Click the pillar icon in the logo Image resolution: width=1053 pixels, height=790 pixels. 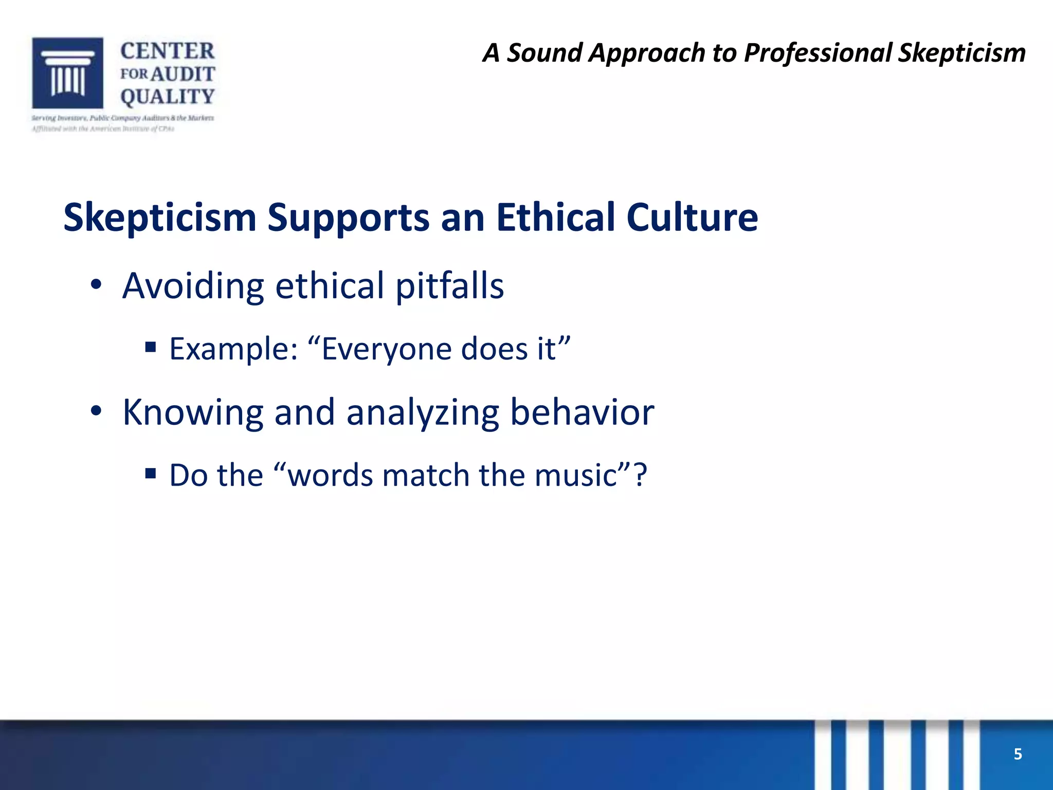(x=67, y=73)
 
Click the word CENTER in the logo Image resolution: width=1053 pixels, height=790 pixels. (x=167, y=51)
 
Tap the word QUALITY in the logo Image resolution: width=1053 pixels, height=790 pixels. (x=167, y=97)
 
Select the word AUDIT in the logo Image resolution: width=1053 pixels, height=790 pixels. (x=183, y=74)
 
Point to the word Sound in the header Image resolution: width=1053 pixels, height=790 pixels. (x=544, y=53)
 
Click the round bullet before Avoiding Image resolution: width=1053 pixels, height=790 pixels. (x=96, y=285)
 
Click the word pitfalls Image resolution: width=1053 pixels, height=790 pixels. (x=449, y=286)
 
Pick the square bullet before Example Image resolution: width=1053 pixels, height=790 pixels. (x=151, y=347)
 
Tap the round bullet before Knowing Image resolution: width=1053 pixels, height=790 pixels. (x=96, y=411)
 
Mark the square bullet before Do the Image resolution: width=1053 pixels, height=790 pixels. (x=151, y=473)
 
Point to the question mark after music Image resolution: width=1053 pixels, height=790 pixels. (x=640, y=475)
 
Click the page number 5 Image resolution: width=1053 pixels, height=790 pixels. (x=1018, y=754)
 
